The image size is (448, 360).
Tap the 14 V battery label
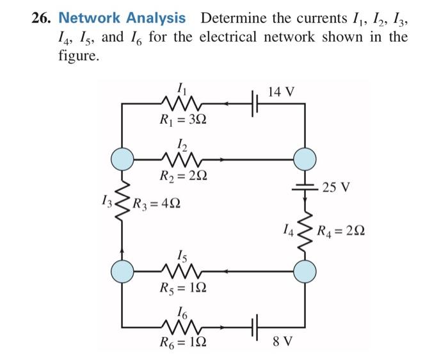tap(282, 92)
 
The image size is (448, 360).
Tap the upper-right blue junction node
tap(304, 157)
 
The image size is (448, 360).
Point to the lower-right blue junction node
tap(304, 270)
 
